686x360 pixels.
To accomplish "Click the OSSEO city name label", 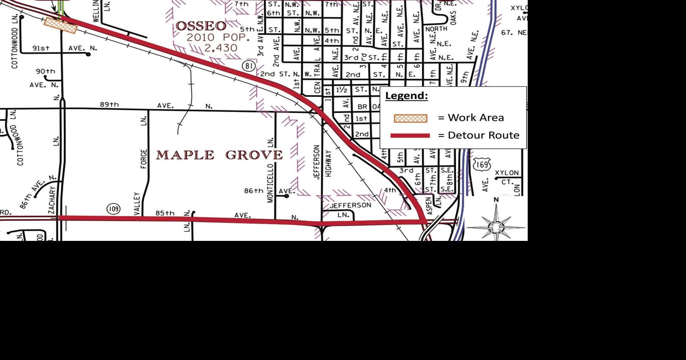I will click(201, 26).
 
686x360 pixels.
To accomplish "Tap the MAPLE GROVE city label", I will click(219, 155).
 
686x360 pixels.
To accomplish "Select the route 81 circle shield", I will click(249, 66).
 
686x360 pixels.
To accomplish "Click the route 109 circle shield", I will click(113, 208).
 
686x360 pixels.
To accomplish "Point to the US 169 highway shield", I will click(482, 165).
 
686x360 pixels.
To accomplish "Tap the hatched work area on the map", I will click(61, 25).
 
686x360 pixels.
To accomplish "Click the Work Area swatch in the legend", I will click(410, 118).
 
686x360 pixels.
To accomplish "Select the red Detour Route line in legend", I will click(410, 135).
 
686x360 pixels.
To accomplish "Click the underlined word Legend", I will click(406, 96).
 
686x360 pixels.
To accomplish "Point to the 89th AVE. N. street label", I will click(156, 105).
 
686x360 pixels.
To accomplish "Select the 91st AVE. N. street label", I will click(65, 48).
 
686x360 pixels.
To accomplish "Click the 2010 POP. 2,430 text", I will click(218, 43).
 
